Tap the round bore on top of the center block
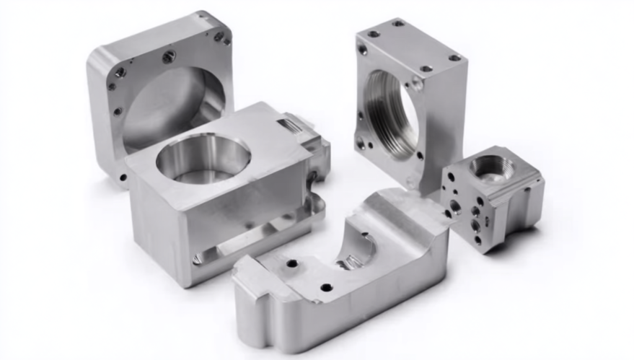[203, 156]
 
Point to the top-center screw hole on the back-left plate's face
[168, 56]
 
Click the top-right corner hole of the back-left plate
[219, 36]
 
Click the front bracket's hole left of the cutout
[291, 263]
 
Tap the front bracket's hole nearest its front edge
[326, 287]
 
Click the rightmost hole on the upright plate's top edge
[454, 58]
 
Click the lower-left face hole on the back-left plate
[117, 112]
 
